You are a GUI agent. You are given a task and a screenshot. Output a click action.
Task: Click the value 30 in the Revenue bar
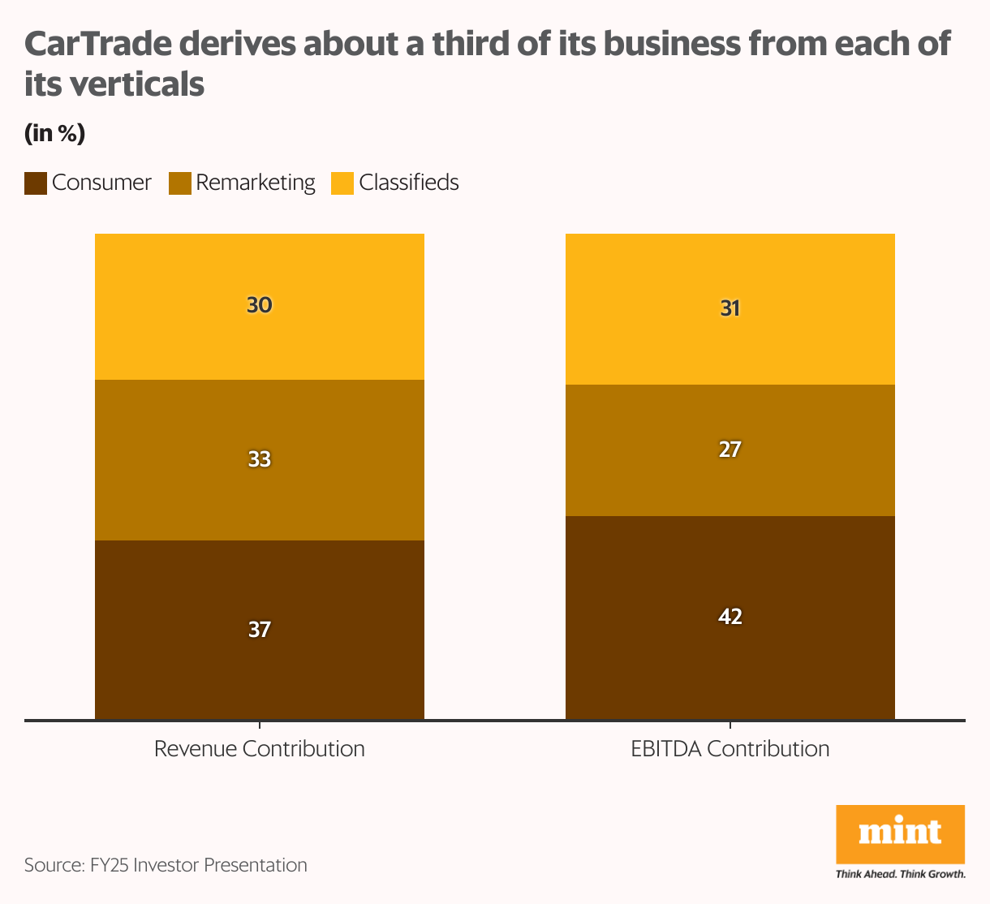point(260,306)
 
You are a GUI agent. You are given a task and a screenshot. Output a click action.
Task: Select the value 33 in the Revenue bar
point(260,459)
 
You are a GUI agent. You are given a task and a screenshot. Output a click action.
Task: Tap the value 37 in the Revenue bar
point(260,629)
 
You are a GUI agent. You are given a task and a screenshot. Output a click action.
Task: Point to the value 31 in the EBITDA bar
point(730,308)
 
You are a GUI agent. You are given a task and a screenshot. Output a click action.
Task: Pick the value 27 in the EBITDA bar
point(730,450)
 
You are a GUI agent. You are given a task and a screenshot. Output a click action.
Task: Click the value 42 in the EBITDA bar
point(730,617)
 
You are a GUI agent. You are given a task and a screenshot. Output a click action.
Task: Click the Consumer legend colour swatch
point(36,183)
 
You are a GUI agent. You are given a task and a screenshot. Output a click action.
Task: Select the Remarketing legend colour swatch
point(179,183)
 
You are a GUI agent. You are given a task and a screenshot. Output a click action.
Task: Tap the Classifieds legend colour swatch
point(342,183)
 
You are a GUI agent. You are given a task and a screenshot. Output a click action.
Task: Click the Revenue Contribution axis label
point(260,748)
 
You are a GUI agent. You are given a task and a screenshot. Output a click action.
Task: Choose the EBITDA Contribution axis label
point(730,748)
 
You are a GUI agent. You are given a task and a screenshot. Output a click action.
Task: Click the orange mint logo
point(900,834)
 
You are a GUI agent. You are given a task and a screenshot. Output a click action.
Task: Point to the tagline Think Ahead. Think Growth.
point(900,874)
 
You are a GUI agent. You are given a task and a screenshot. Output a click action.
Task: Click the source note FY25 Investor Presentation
point(166,865)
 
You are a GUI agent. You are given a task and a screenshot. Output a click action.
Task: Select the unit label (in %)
point(54,133)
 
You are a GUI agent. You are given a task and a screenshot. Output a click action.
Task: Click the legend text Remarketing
point(255,183)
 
